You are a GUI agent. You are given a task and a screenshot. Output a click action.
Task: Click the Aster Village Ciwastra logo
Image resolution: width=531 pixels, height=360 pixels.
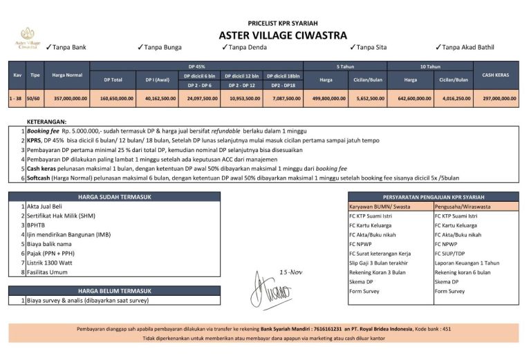pos(28,37)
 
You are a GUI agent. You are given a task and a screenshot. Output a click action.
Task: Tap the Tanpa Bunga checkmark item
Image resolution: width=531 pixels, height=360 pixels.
pos(160,47)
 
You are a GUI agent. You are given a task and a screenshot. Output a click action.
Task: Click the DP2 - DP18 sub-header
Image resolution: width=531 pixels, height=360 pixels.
pos(283,86)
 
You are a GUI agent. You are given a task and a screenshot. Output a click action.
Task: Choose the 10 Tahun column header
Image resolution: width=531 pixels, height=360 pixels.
pos(429,66)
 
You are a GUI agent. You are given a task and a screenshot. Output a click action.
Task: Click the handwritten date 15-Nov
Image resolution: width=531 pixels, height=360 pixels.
pos(291,271)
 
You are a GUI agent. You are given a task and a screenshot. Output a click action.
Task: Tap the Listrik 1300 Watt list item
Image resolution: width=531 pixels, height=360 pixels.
pos(45,263)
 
